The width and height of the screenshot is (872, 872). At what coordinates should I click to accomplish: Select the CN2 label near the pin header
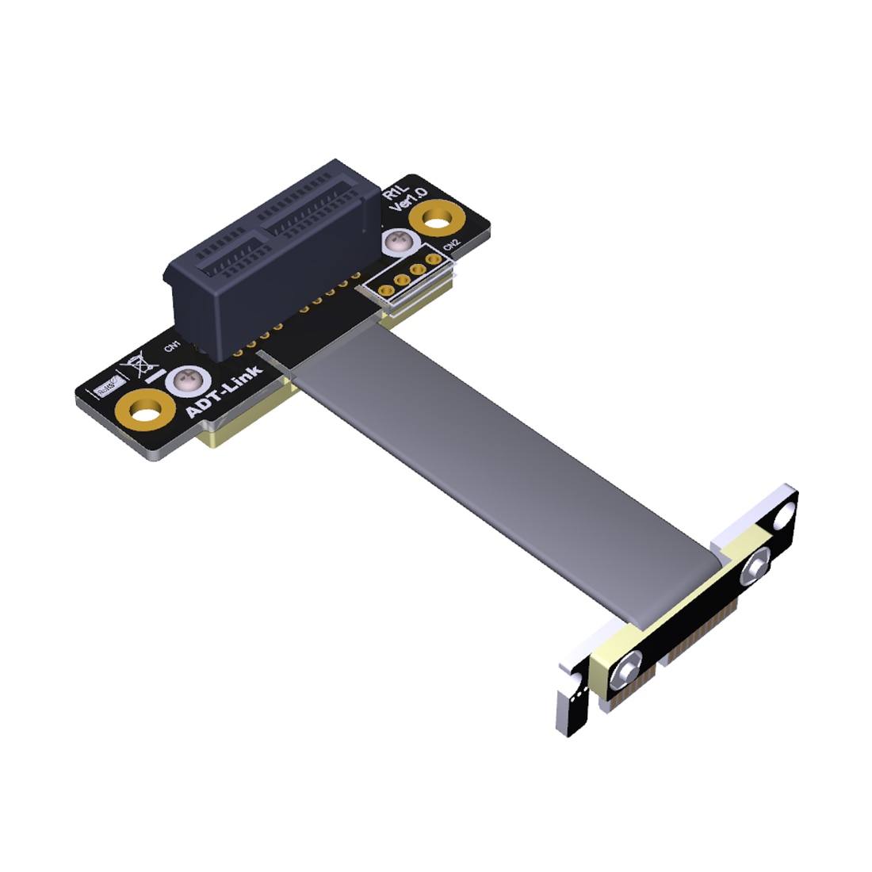[x=451, y=245]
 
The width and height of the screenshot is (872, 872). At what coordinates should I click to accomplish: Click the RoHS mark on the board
[x=105, y=388]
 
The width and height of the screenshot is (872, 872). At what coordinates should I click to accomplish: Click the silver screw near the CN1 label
[x=187, y=380]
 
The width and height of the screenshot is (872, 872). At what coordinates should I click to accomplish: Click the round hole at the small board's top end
[x=783, y=517]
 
